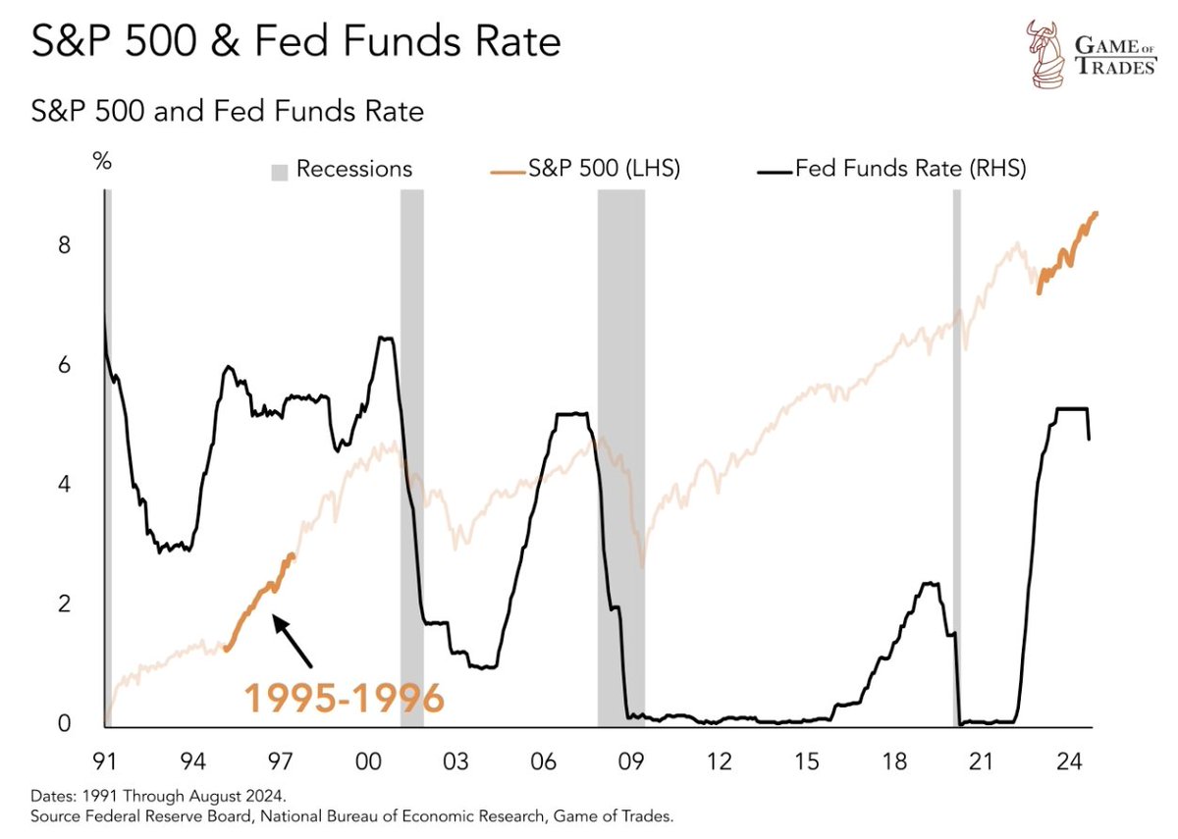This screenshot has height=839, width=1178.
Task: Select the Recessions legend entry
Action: tap(343, 169)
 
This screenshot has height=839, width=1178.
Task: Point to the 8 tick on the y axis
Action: tap(64, 244)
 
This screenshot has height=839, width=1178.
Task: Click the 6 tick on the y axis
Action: tap(64, 364)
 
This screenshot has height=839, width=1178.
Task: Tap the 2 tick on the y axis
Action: tap(64, 603)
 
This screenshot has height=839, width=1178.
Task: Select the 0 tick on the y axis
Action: tap(64, 723)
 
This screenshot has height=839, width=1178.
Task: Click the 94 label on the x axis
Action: tap(192, 761)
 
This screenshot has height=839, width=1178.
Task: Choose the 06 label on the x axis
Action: tap(544, 761)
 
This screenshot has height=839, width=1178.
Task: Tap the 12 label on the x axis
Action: tap(720, 761)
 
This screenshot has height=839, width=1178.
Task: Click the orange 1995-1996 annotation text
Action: tap(344, 698)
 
